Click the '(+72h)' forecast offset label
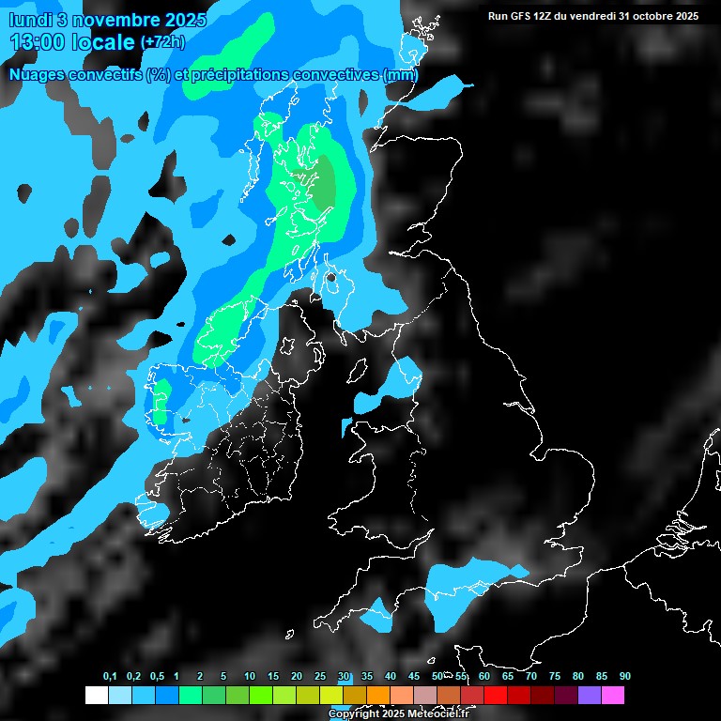pyautogui.click(x=162, y=42)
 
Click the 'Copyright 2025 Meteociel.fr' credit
pyautogui.click(x=398, y=713)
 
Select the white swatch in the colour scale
pyautogui.click(x=96, y=696)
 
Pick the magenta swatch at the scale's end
pyautogui.click(x=613, y=696)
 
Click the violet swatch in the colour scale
pyautogui.click(x=590, y=696)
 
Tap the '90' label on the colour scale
pyautogui.click(x=624, y=677)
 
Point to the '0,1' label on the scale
pyautogui.click(x=110, y=677)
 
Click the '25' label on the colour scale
pyautogui.click(x=320, y=677)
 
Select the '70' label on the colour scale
pyautogui.click(x=531, y=677)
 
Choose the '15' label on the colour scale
pyautogui.click(x=273, y=677)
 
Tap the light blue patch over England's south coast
pyautogui.click(x=460, y=587)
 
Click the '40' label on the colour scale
pyautogui.click(x=391, y=677)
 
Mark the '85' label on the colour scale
pyautogui.click(x=602, y=677)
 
